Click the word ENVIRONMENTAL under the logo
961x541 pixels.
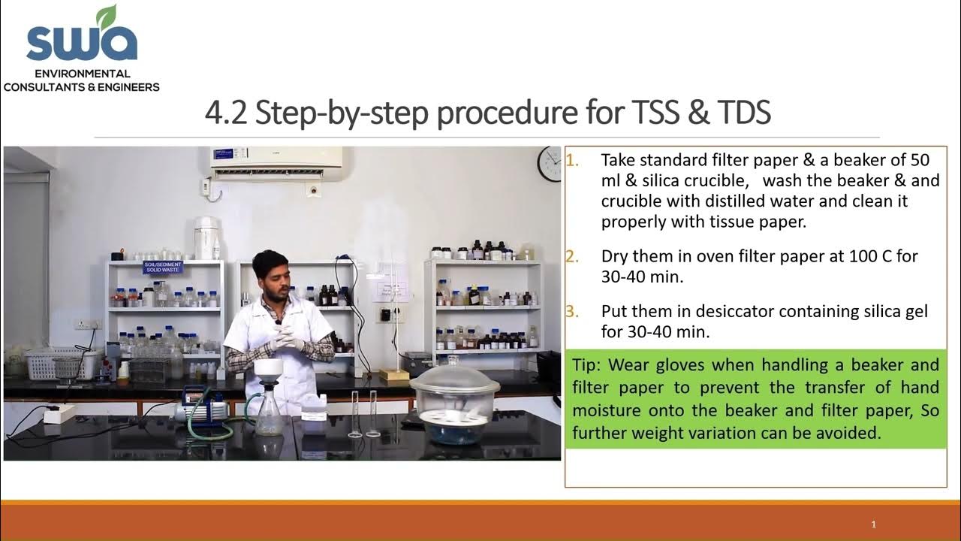(x=82, y=74)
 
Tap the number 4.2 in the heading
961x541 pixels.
(x=226, y=113)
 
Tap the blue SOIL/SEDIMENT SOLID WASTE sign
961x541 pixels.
(x=164, y=267)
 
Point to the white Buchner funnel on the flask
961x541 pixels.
(x=267, y=370)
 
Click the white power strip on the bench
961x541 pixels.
(x=60, y=413)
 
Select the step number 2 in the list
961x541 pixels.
(x=572, y=256)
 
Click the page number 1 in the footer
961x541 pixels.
(x=873, y=524)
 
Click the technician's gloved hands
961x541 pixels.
(x=288, y=340)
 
